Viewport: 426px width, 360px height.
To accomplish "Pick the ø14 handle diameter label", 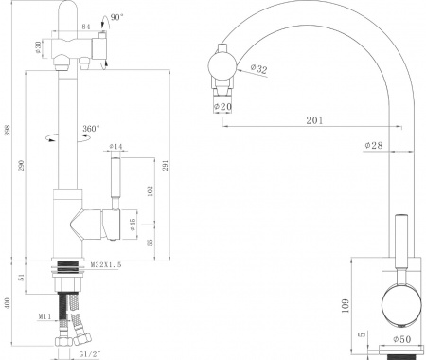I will pos(115,147).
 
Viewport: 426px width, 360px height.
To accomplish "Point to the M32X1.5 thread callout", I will pos(108,266).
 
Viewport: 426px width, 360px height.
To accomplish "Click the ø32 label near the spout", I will pos(259,68).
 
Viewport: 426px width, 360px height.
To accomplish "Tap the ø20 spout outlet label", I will pos(224,106).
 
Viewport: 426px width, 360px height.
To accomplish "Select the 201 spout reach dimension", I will pos(314,119).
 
